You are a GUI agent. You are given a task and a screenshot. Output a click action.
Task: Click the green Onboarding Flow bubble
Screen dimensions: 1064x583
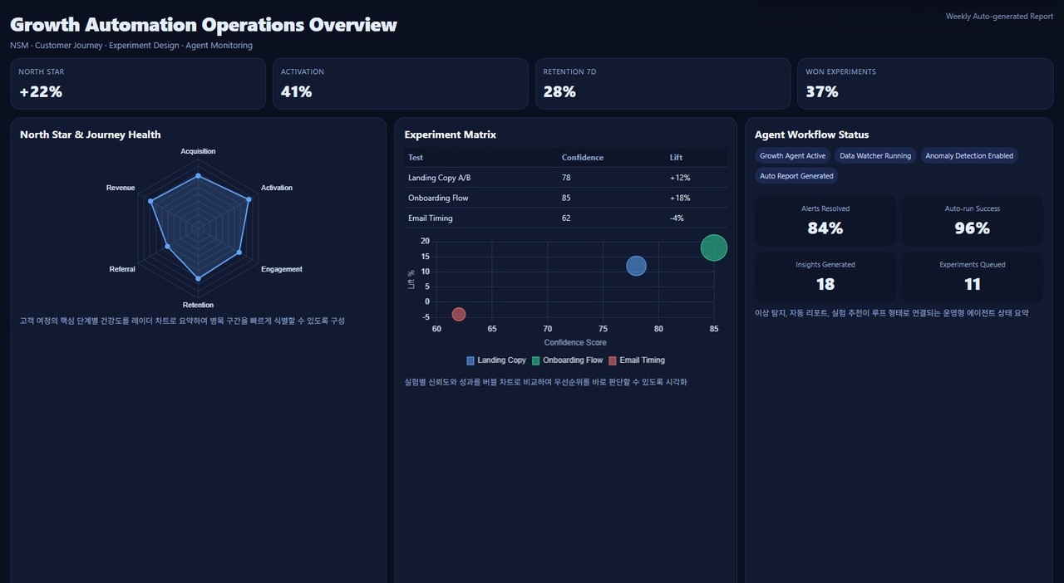click(x=713, y=247)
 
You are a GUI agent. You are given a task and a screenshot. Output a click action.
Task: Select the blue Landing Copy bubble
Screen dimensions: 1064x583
click(x=636, y=266)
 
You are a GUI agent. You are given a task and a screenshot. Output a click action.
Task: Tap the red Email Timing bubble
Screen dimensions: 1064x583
click(x=458, y=314)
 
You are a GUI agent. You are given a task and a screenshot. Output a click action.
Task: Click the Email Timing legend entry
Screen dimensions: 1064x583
click(x=637, y=360)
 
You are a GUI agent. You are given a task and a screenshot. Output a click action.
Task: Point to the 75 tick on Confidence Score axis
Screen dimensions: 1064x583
click(x=603, y=329)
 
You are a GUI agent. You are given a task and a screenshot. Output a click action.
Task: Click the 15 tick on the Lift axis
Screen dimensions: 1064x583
click(x=425, y=257)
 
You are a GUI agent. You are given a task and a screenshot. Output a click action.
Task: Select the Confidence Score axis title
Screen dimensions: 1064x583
click(x=574, y=342)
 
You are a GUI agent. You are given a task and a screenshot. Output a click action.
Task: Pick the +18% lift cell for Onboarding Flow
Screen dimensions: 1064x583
click(x=680, y=198)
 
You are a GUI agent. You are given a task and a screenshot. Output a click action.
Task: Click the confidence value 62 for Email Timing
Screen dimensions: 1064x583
click(x=566, y=218)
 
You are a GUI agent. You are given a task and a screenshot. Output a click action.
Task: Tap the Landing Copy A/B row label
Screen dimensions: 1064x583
click(x=440, y=178)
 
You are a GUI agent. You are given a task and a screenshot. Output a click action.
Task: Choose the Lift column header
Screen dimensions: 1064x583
click(x=676, y=157)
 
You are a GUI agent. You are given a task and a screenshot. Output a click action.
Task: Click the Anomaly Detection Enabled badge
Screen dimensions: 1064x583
click(x=969, y=156)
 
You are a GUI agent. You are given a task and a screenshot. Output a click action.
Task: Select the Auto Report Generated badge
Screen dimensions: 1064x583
click(x=796, y=176)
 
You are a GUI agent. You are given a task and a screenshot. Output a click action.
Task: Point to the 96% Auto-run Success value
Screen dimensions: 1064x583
click(x=972, y=228)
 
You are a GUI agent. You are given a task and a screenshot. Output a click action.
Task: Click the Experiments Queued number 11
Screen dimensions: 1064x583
click(x=972, y=284)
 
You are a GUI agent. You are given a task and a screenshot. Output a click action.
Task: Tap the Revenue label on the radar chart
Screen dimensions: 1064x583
click(x=121, y=188)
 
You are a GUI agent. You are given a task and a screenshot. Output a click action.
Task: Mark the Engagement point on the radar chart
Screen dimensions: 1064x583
click(x=239, y=252)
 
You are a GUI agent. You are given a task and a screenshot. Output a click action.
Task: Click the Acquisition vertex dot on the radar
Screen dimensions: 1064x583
click(x=198, y=176)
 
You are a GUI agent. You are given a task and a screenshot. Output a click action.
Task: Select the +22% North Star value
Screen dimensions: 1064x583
click(x=41, y=91)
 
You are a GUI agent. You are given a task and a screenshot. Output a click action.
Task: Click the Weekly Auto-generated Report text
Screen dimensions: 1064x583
click(x=999, y=16)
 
